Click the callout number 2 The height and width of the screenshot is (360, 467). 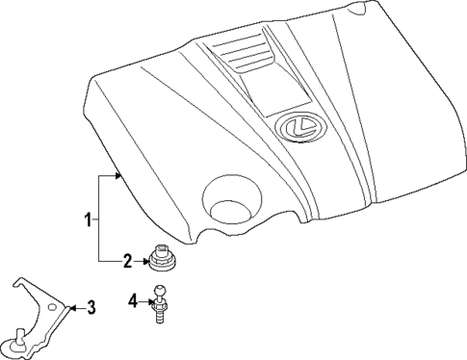[x=126, y=260]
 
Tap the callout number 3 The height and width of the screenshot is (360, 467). [x=91, y=308]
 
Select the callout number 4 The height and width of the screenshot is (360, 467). [x=133, y=302]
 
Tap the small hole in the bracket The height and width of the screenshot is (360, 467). [x=47, y=304]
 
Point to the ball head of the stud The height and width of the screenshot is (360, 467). [x=161, y=291]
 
